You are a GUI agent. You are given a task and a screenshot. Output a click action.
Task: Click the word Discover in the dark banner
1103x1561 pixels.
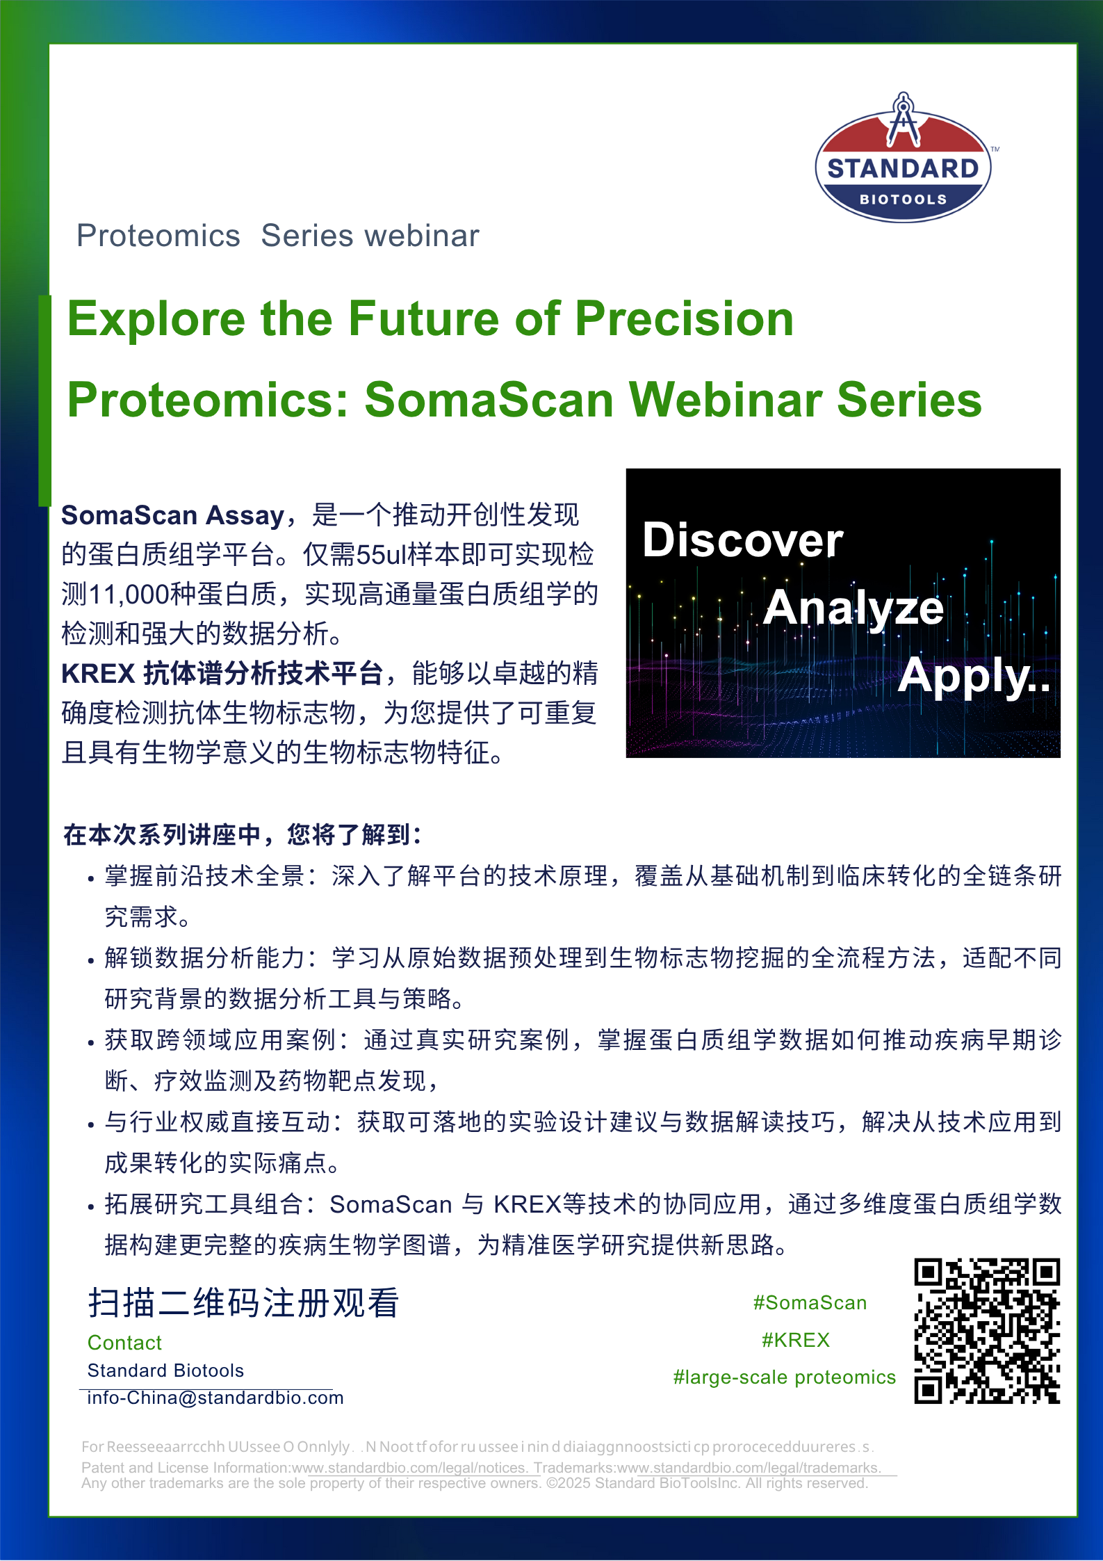pyautogui.click(x=742, y=540)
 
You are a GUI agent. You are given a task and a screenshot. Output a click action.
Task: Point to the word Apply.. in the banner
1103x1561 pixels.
pyautogui.click(x=974, y=675)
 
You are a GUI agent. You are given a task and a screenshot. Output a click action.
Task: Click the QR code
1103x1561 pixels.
pyautogui.click(x=986, y=1331)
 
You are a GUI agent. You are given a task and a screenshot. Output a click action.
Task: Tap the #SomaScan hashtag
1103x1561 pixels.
pyautogui.click(x=810, y=1303)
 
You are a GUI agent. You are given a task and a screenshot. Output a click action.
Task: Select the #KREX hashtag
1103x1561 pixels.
pyautogui.click(x=796, y=1340)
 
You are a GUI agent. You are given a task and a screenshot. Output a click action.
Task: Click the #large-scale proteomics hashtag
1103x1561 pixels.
pyautogui.click(x=784, y=1377)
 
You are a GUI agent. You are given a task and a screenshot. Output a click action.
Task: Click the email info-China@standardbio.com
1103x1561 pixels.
pyautogui.click(x=215, y=1398)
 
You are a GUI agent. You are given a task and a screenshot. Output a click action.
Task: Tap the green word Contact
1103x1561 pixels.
pyautogui.click(x=124, y=1343)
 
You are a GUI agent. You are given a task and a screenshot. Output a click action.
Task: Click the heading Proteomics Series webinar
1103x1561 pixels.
pyautogui.click(x=278, y=236)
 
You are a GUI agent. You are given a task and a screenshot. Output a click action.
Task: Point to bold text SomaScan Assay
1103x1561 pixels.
pyautogui.click(x=172, y=515)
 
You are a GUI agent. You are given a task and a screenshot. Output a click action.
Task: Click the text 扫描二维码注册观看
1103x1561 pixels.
pyautogui.click(x=243, y=1303)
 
